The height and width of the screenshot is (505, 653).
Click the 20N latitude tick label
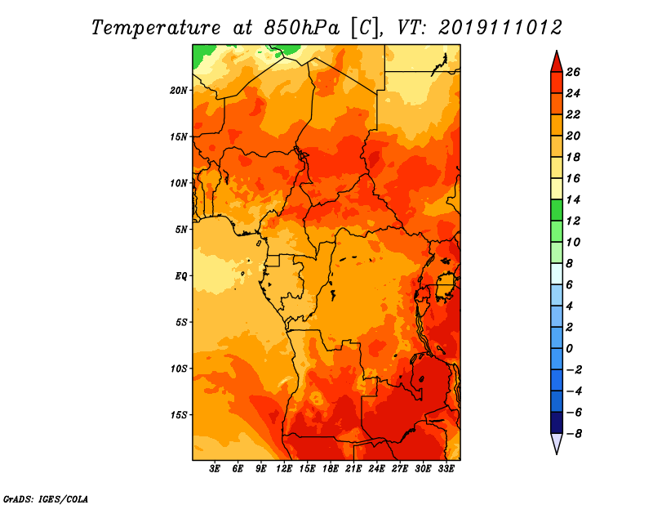(179, 91)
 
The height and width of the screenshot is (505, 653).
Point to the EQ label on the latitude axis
(180, 276)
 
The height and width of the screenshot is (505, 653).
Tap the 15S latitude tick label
(179, 415)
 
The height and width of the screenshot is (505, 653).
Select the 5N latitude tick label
(181, 230)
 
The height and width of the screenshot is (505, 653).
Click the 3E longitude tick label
(215, 469)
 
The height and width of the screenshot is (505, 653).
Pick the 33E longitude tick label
(446, 469)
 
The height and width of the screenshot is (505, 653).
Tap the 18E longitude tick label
(331, 469)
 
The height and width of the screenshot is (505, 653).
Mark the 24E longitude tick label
(376, 469)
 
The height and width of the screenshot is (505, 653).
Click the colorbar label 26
(573, 73)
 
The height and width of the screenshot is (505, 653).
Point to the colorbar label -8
(574, 434)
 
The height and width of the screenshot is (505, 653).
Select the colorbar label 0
(569, 349)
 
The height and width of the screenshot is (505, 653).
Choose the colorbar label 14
(573, 199)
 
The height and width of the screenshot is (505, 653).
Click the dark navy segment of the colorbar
(557, 422)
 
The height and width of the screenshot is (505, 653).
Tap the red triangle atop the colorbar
(557, 63)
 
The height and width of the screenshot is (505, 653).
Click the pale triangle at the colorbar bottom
(557, 443)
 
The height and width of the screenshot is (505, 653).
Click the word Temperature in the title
(156, 28)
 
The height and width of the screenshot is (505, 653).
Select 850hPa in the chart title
(301, 28)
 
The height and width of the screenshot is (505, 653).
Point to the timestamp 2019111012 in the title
(500, 28)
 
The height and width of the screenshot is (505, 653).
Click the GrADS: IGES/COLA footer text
(46, 499)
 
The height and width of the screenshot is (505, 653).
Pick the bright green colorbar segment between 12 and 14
(557, 210)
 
